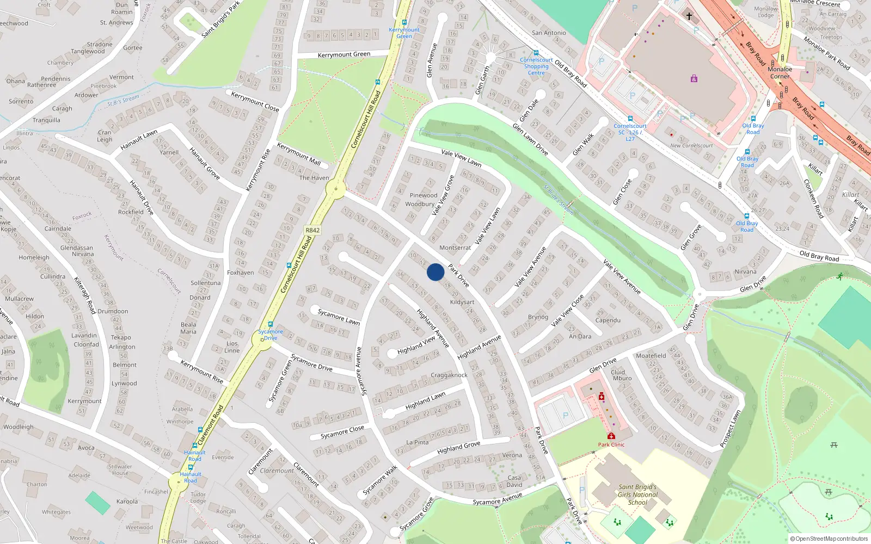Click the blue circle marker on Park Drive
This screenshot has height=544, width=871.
[x=436, y=272]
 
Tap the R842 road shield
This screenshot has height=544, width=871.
[x=312, y=230]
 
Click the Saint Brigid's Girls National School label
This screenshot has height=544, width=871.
[x=637, y=494]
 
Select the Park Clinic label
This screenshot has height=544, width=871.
[x=611, y=444]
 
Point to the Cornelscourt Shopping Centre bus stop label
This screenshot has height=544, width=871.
[x=536, y=66]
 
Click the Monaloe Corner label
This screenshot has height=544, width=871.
[x=780, y=73]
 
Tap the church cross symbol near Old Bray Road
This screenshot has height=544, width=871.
[x=689, y=16]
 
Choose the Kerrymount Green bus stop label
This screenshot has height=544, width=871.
[x=404, y=33]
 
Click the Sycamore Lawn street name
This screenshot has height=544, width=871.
[x=339, y=317]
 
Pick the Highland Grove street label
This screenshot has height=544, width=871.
[x=458, y=447]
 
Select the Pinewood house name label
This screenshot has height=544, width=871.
[x=424, y=195]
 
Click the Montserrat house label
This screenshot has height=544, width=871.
[x=455, y=248]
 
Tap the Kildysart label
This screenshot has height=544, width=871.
[x=462, y=302]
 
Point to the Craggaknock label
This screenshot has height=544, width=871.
[x=449, y=375]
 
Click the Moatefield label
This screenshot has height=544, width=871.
[x=651, y=356]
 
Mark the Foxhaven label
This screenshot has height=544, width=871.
[x=240, y=273]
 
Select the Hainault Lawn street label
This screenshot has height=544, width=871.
[x=139, y=140]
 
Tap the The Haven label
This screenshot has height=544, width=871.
[x=314, y=178]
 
